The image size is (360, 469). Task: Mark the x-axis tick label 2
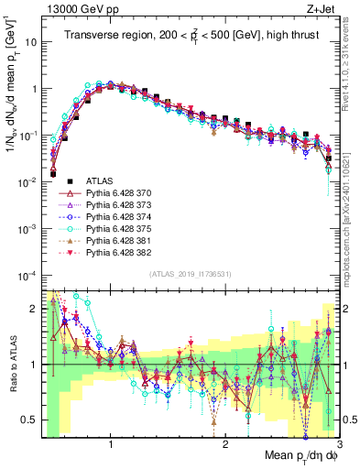225,443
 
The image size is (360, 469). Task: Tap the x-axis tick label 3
340,443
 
